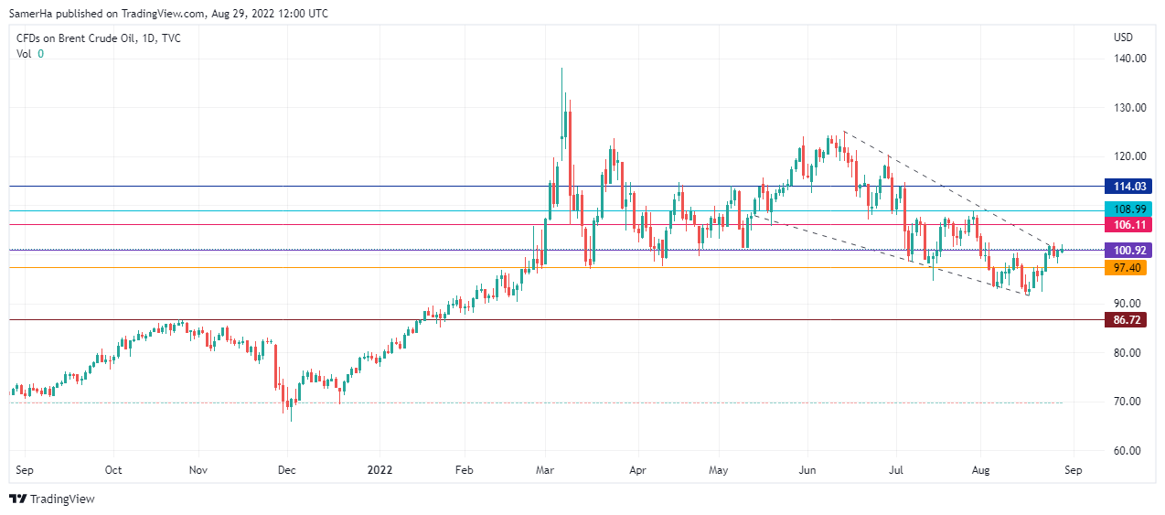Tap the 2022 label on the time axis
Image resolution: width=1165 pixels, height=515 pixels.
(x=379, y=470)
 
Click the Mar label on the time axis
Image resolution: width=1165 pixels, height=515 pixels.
(x=545, y=470)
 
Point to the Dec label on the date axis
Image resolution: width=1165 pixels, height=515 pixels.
(x=286, y=470)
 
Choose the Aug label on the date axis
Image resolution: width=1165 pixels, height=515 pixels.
(x=979, y=470)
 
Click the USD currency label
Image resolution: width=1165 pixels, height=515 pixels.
(x=1123, y=38)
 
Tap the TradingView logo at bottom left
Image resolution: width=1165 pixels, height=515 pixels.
(x=52, y=499)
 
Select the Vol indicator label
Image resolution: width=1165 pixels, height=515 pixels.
(x=24, y=54)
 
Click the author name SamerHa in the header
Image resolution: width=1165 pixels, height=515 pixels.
(x=33, y=14)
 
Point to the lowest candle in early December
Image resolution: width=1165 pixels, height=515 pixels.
(x=291, y=412)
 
